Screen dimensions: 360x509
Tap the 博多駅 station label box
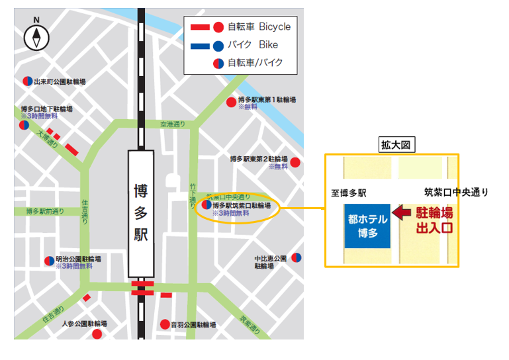click(141, 214)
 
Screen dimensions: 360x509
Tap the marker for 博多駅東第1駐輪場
click(231, 102)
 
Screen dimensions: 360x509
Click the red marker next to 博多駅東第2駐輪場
click(295, 162)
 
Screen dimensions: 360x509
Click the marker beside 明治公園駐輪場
click(48, 261)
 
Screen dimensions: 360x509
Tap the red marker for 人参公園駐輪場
click(97, 334)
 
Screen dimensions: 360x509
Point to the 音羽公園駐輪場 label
click(193, 325)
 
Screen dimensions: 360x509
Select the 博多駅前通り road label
click(45, 212)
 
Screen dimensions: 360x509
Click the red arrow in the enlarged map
click(401, 213)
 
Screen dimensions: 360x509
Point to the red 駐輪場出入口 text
click(434, 220)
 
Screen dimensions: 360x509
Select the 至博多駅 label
click(349, 193)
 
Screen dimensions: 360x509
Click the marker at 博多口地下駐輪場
click(24, 124)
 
